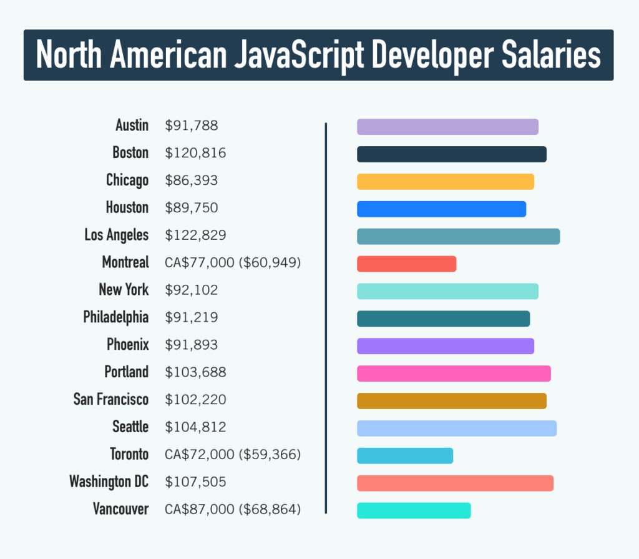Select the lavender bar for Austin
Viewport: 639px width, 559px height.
tap(447, 127)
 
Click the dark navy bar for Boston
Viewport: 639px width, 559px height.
tap(452, 154)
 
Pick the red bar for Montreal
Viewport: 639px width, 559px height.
tap(406, 264)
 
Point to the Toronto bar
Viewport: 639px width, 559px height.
tap(405, 456)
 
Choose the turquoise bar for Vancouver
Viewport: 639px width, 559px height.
tap(414, 510)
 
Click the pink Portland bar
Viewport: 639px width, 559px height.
tap(454, 373)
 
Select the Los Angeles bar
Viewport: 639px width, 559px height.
tap(458, 236)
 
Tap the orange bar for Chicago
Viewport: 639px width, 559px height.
tap(446, 181)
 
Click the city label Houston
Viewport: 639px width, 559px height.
tap(127, 208)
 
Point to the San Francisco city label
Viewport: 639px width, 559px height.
tap(111, 399)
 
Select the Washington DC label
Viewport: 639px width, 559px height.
tap(109, 482)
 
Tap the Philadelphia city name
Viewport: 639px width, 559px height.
tap(116, 317)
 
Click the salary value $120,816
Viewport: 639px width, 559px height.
tap(195, 153)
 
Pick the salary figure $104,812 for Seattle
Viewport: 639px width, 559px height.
tap(195, 427)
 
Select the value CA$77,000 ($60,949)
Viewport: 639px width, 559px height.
tap(233, 262)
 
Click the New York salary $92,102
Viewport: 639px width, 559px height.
tap(192, 290)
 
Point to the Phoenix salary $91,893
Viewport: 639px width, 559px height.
tap(192, 345)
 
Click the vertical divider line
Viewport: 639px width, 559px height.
tap(326, 319)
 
